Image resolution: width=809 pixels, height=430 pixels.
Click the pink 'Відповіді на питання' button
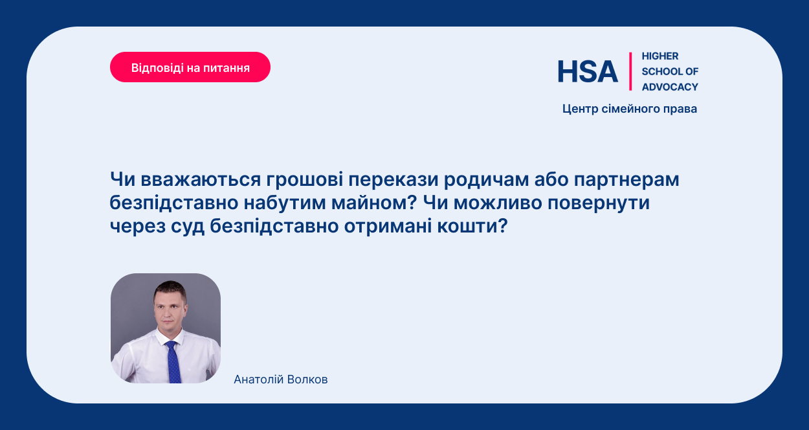(190, 67)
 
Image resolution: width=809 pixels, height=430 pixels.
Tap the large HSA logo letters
(588, 71)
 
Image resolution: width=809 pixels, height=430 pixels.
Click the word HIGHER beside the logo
(660, 56)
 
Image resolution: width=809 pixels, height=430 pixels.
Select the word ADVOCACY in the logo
(670, 87)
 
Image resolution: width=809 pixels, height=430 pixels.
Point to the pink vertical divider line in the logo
(630, 71)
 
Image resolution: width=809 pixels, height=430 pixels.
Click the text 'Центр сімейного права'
(630, 109)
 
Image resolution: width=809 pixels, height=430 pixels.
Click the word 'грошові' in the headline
(305, 179)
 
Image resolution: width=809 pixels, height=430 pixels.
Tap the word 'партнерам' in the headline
(626, 179)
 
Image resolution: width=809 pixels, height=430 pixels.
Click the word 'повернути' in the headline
(599, 203)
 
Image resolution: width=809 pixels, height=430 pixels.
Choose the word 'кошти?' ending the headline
(472, 226)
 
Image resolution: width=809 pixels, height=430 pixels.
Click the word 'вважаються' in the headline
(201, 179)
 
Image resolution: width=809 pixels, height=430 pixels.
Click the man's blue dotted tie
(173, 362)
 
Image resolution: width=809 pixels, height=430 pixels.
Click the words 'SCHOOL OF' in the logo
(670, 71)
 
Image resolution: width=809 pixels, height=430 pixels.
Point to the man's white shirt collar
(170, 337)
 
